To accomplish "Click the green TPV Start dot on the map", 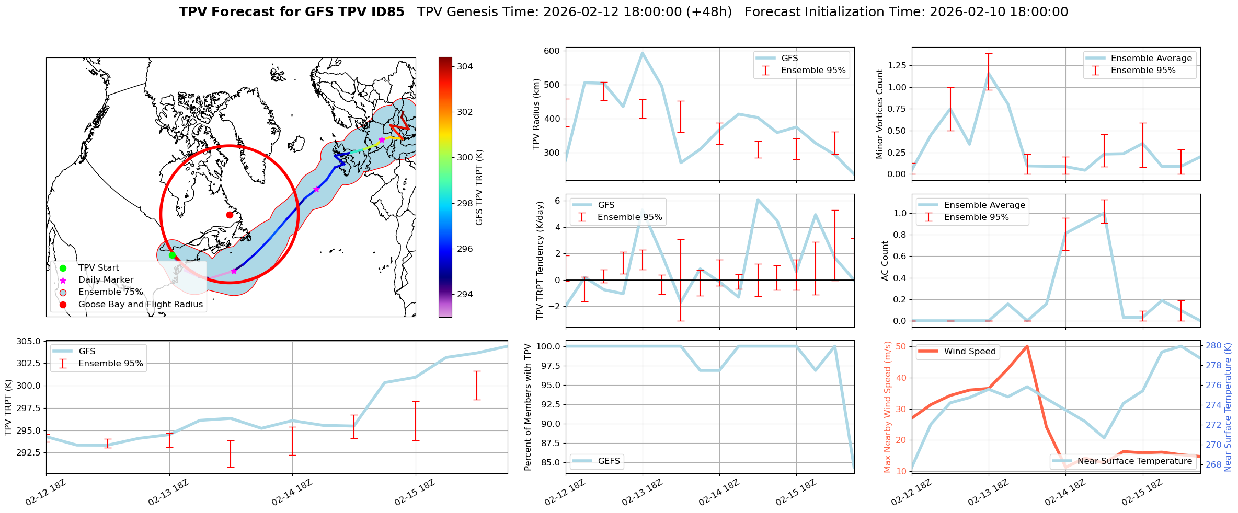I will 172,255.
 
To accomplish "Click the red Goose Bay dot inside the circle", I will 230,215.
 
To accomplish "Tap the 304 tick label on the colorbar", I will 465,66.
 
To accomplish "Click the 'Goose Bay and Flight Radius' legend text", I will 140,304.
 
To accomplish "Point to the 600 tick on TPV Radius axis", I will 553,51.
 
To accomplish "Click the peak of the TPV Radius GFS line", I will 642,52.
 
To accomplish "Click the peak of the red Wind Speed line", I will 1027,346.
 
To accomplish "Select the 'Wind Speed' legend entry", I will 969,351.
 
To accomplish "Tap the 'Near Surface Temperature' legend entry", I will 1134,461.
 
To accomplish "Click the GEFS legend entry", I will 609,461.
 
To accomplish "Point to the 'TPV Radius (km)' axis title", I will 536,114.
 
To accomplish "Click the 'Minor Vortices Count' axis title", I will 879,114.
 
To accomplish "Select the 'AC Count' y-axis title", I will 885,261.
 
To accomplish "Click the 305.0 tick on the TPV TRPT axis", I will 28,341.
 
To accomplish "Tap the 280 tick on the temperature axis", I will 1213,345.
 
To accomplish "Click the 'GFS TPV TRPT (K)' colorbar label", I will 479,187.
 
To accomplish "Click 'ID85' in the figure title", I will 385,12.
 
